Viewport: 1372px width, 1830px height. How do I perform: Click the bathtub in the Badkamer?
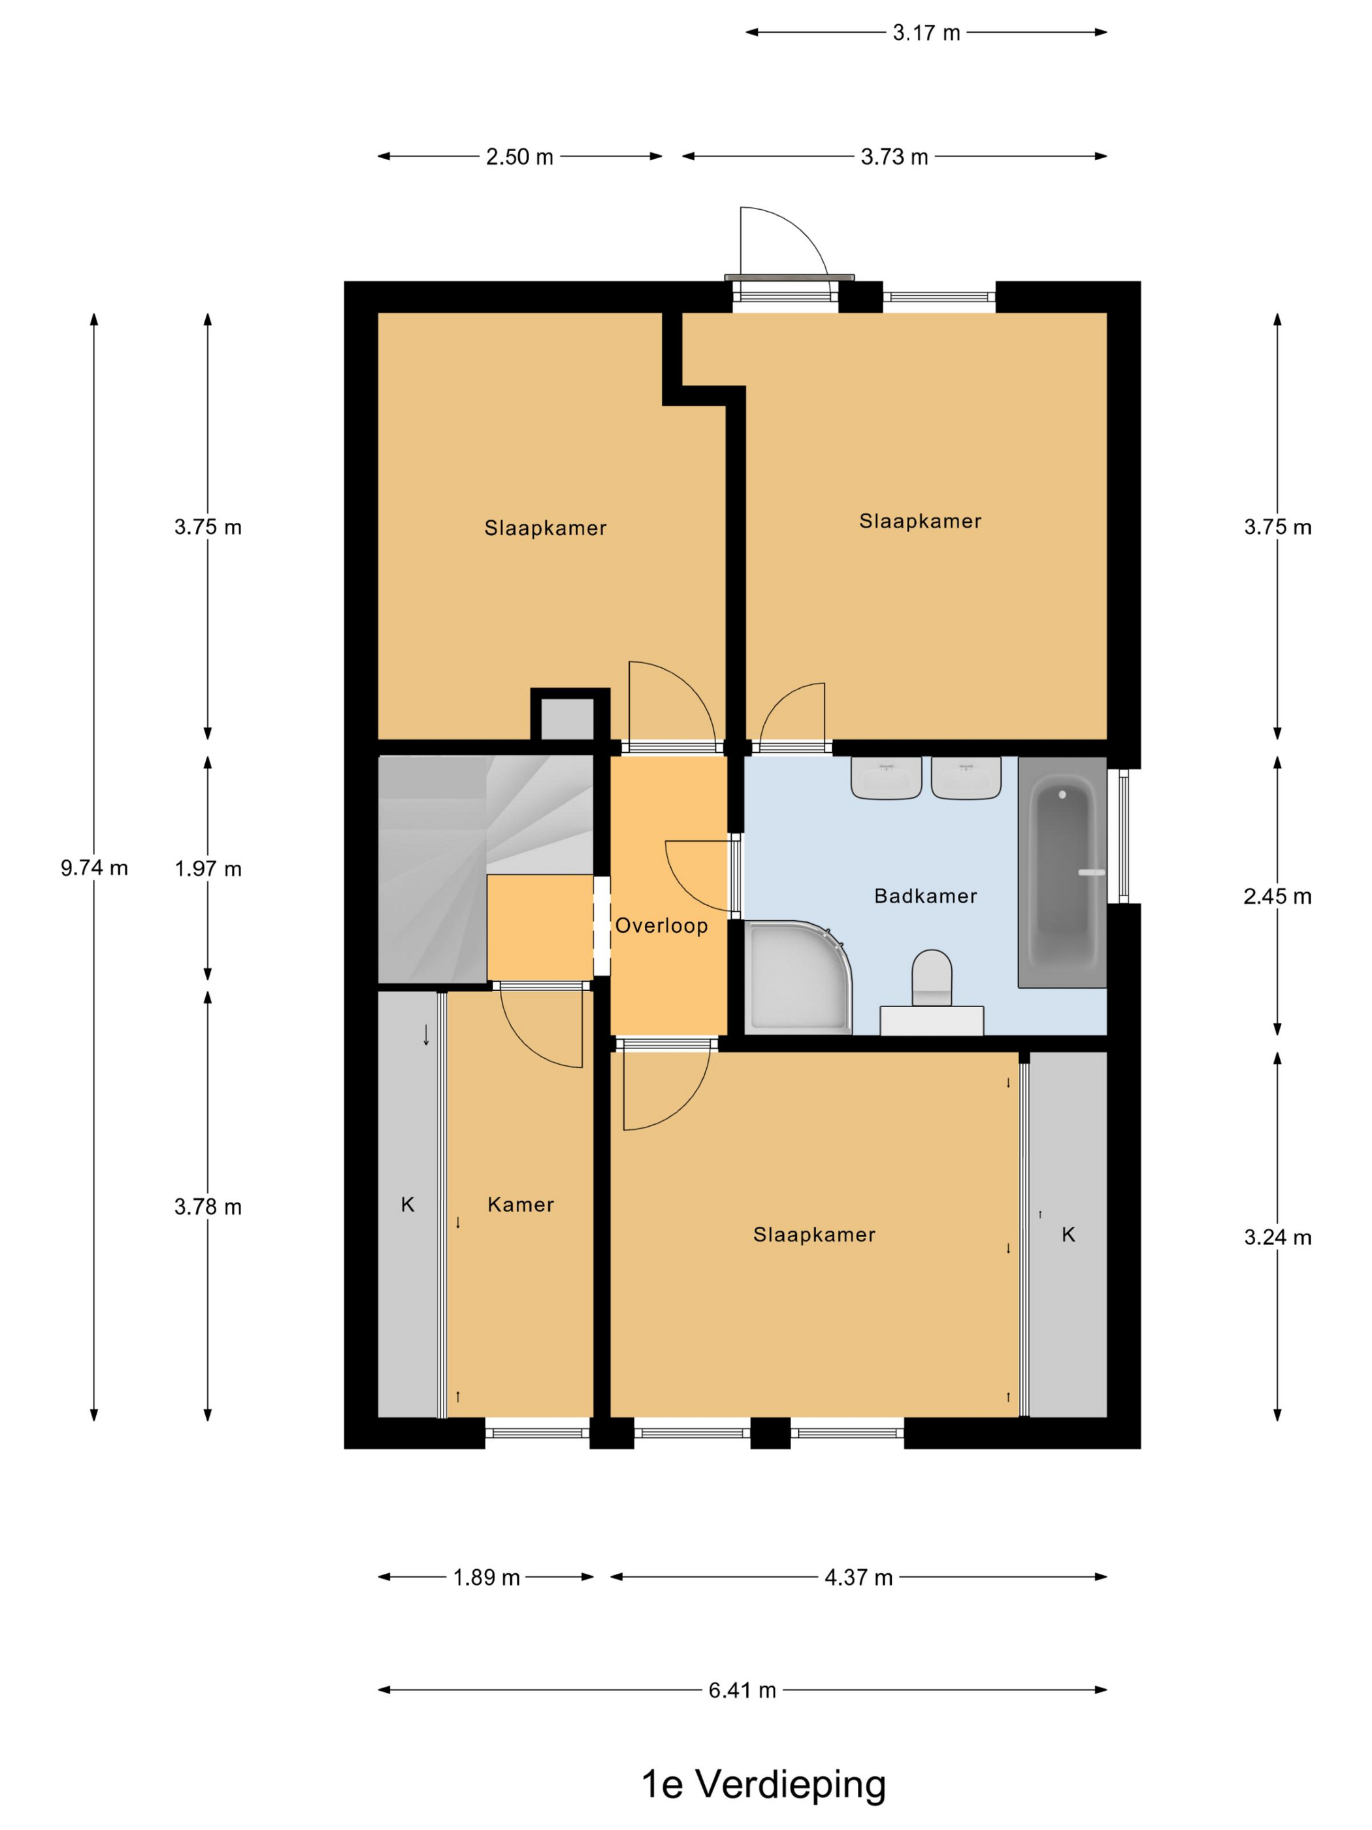[x=1062, y=871]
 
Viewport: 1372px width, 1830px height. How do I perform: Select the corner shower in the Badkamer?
[x=798, y=977]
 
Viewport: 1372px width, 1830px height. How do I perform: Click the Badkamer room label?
[x=925, y=896]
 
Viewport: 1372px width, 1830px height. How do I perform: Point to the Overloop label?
[x=661, y=925]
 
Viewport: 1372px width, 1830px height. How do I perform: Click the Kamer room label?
[x=520, y=1205]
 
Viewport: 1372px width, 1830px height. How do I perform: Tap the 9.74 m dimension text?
[x=94, y=868]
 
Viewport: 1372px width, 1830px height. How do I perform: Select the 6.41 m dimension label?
[x=742, y=1690]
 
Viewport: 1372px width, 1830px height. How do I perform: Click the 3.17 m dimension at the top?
[x=926, y=33]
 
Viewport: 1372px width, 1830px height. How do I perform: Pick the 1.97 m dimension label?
[x=208, y=869]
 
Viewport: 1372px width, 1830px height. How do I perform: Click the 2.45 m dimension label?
[x=1277, y=897]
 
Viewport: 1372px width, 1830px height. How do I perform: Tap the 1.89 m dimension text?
[x=486, y=1578]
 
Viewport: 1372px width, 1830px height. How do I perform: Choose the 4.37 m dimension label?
[x=858, y=1578]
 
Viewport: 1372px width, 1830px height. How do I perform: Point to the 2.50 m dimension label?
[x=519, y=158]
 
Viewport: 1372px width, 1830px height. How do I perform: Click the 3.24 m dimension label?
[x=1277, y=1238]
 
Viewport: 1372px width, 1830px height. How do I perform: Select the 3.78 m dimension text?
[x=208, y=1207]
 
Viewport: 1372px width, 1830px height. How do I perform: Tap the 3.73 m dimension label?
[x=894, y=158]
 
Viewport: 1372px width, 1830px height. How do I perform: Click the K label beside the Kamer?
[x=408, y=1205]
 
